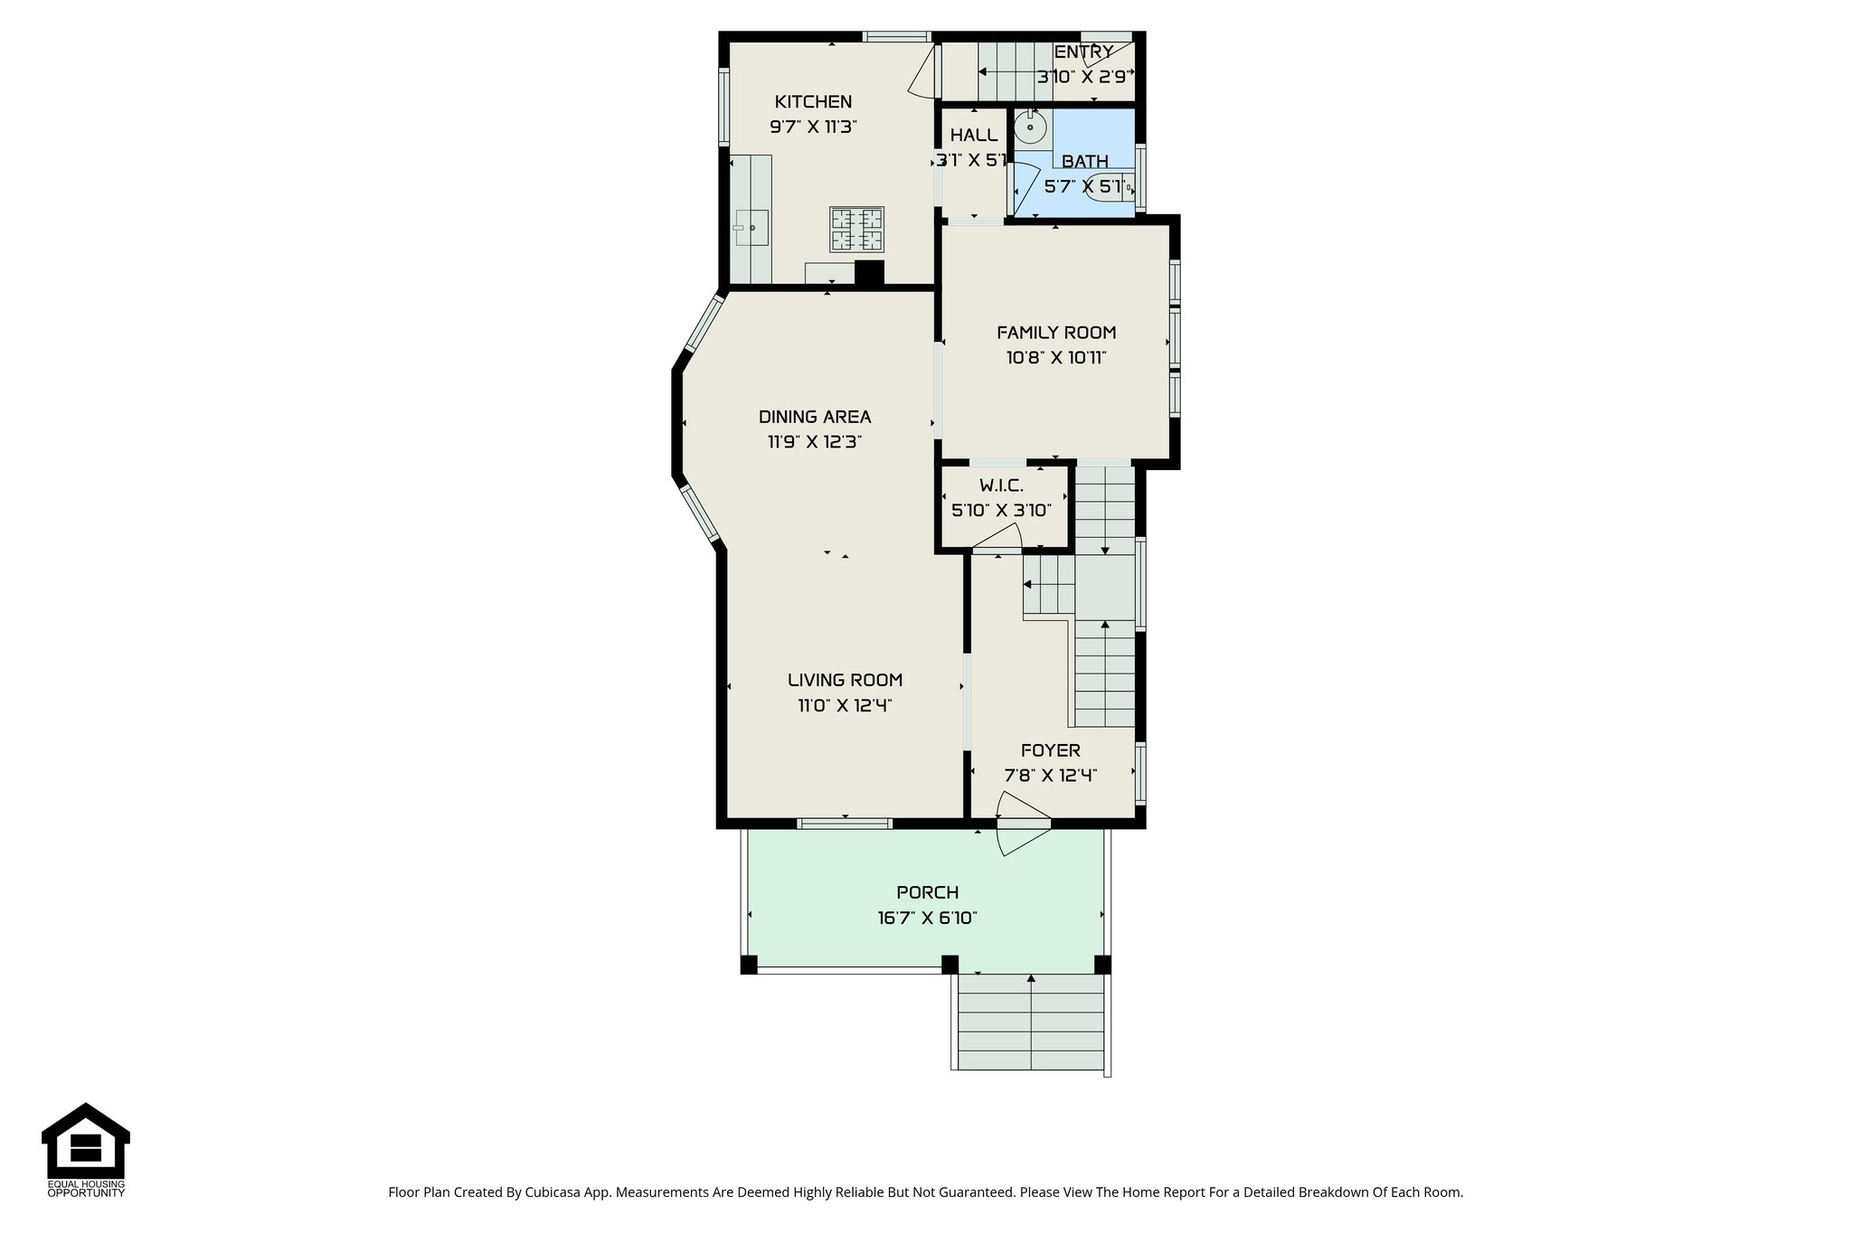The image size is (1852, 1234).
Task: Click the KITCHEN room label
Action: tap(813, 102)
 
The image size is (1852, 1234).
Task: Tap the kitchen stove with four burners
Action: tap(856, 230)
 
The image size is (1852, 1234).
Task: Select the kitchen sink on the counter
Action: tap(751, 228)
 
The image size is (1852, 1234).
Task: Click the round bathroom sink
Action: tap(1030, 128)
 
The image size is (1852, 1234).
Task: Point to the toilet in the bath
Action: tap(1110, 187)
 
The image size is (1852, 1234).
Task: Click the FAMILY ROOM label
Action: tap(1056, 333)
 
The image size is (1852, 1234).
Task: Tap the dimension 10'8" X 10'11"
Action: tap(1056, 358)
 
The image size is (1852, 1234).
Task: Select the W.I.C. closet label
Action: tap(1001, 486)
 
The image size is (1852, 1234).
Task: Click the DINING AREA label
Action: tap(814, 417)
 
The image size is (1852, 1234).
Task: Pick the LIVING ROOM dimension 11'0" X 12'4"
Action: tap(845, 706)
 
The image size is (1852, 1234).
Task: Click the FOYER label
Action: tap(1050, 750)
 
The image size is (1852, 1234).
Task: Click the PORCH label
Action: tap(927, 893)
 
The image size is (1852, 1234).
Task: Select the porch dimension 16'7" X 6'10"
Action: tap(927, 918)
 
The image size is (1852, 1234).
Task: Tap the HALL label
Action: tap(974, 136)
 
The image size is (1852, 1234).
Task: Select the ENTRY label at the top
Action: tap(1082, 52)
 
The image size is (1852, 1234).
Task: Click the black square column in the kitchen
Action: tap(869, 273)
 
